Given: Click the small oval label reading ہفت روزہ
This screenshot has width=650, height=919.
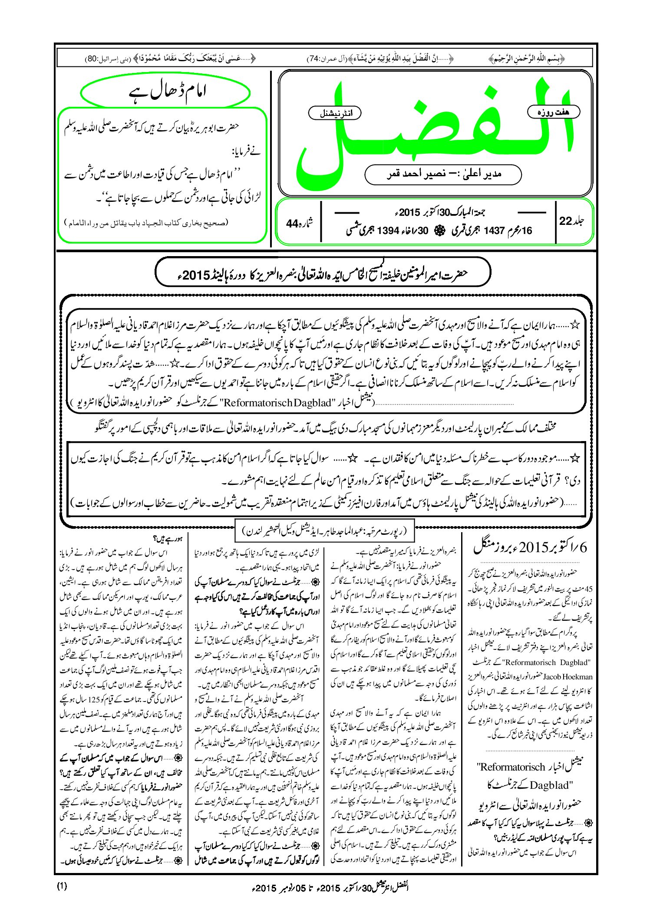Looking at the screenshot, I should pyautogui.click(x=554, y=112).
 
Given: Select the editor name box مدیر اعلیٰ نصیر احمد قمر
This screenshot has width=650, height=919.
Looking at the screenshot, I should pyautogui.click(x=443, y=174).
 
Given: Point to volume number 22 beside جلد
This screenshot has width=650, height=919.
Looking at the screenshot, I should pyautogui.click(x=565, y=221).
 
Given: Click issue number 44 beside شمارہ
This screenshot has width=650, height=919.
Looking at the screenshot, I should pyautogui.click(x=292, y=224).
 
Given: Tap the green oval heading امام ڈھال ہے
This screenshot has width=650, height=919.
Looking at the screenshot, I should pyautogui.click(x=165, y=92).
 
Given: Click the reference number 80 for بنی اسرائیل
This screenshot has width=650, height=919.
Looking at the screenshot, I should pyautogui.click(x=92, y=58).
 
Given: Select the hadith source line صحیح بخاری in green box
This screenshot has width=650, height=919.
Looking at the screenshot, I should pyautogui.click(x=145, y=224).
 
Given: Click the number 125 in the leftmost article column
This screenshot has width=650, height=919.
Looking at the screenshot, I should pyautogui.click(x=94, y=700).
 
